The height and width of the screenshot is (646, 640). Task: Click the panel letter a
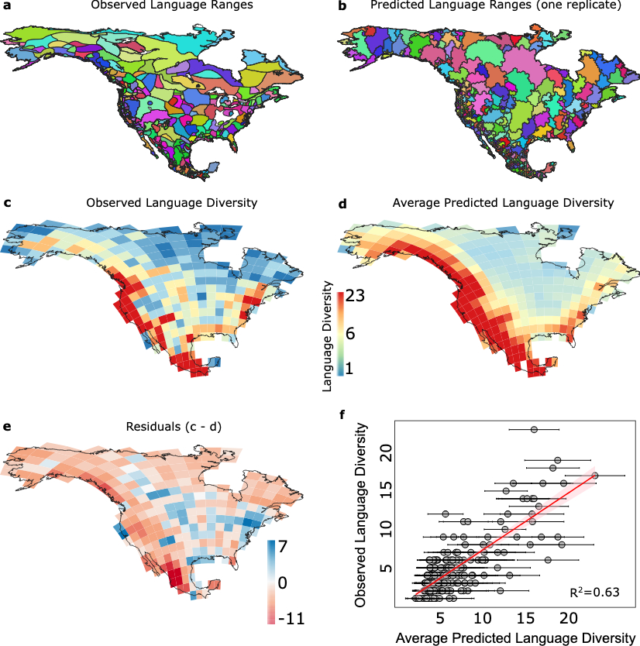pyautogui.click(x=6, y=7)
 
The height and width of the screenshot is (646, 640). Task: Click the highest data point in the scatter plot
pyautogui.click(x=535, y=429)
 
